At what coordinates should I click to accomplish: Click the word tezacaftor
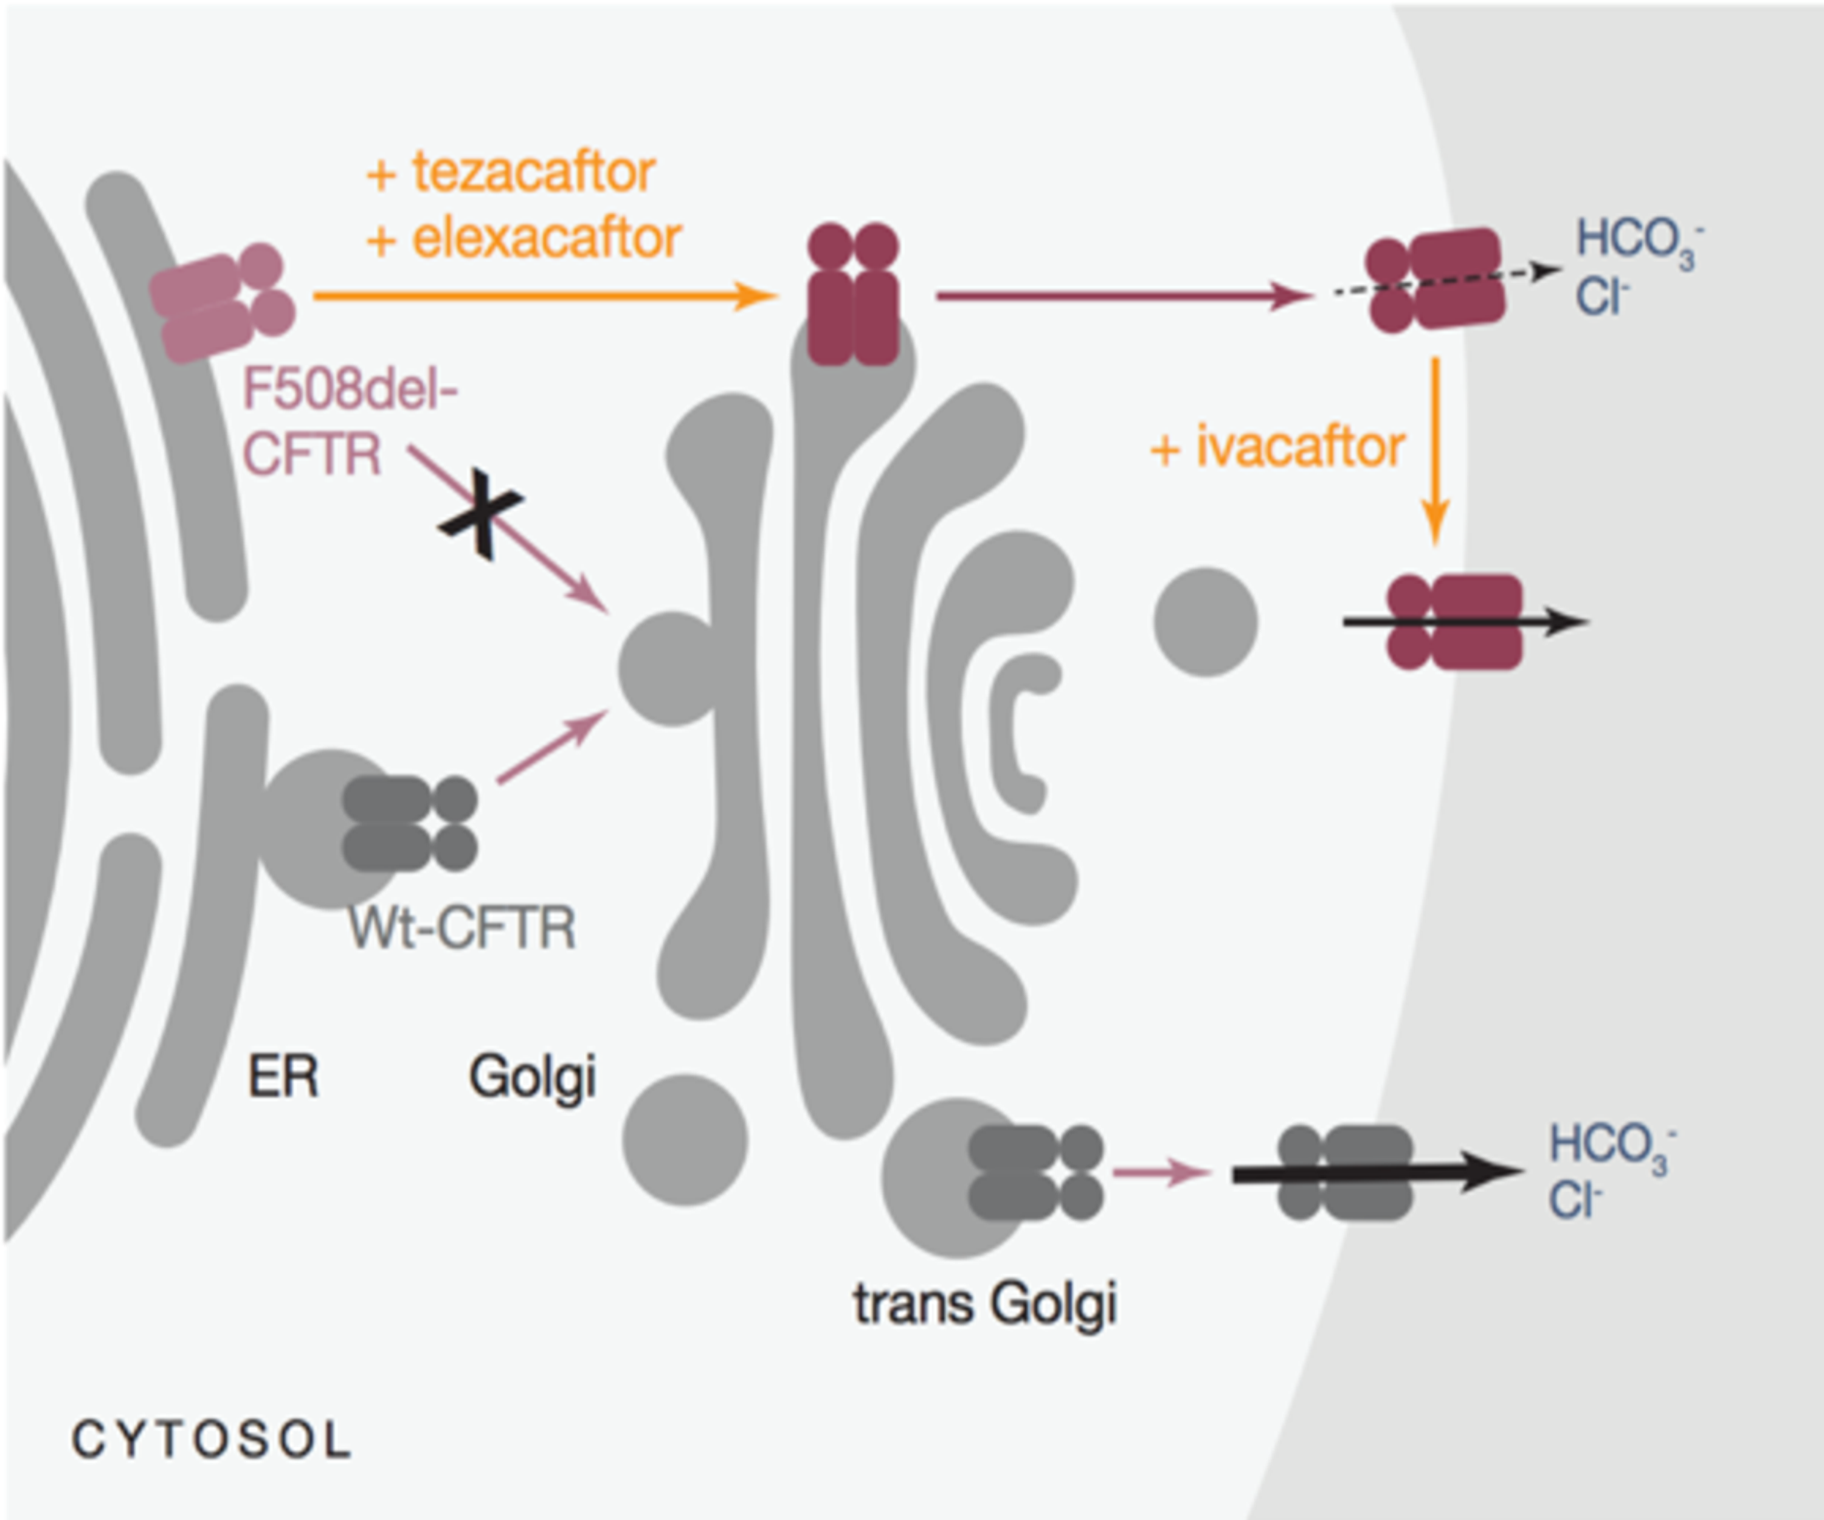(533, 172)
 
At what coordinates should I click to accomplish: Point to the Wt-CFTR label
(462, 928)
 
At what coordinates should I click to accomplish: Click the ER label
(283, 1077)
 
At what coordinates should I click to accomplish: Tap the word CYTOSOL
(212, 1440)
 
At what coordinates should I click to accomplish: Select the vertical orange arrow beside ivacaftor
(1435, 452)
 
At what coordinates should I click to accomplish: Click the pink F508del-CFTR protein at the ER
(223, 302)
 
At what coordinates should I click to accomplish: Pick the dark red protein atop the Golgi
(853, 294)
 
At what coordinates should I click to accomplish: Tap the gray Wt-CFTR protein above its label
(410, 823)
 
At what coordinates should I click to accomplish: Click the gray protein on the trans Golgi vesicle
(1035, 1173)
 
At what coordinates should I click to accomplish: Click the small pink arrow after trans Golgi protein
(1162, 1173)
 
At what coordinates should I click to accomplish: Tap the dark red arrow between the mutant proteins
(1124, 295)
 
